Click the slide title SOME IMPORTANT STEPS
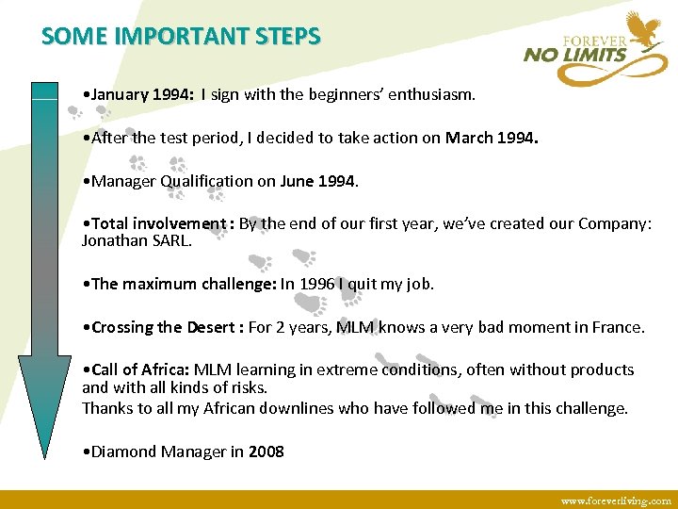[x=181, y=37]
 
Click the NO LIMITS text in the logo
[x=575, y=55]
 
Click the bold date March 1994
[x=492, y=138]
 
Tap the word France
[x=617, y=327]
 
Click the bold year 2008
[x=266, y=452]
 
